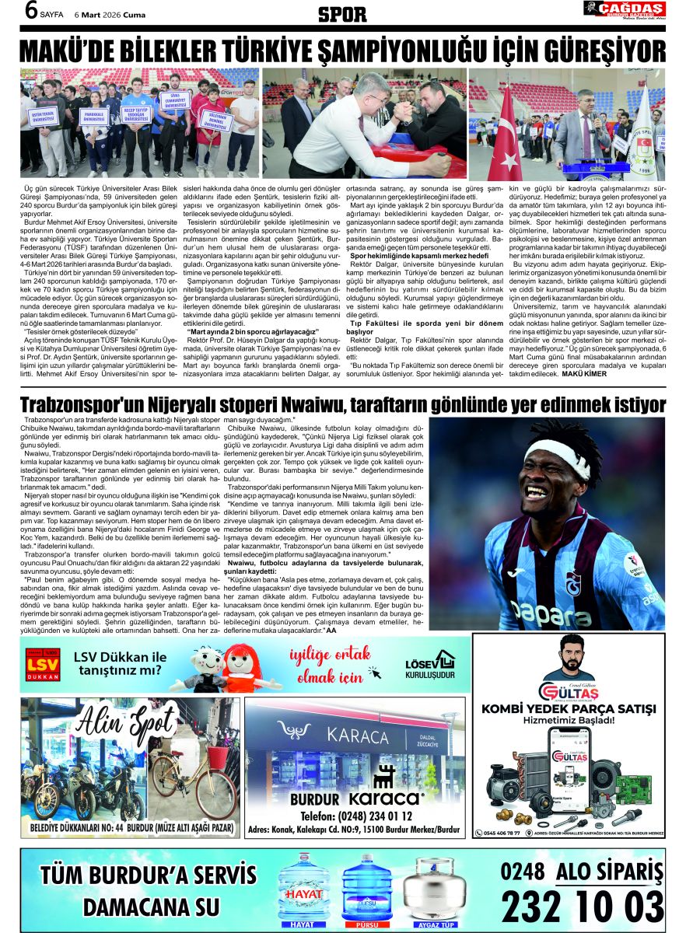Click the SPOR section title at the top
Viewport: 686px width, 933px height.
pos(342,13)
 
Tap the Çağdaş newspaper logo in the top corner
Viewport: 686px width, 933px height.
pos(625,10)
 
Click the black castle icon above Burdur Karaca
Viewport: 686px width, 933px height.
pos(383,776)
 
